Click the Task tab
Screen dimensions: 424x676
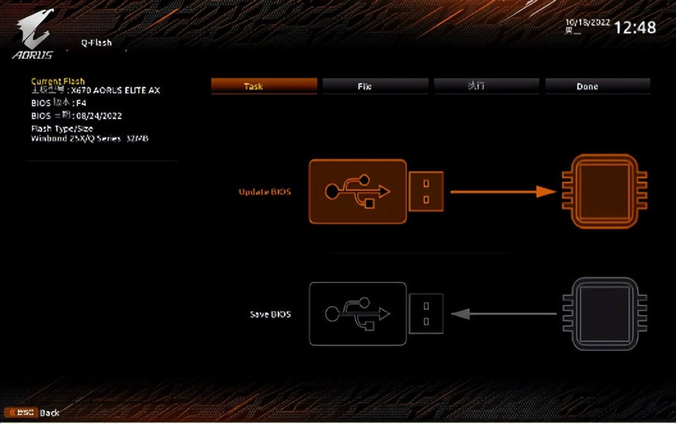[x=264, y=86]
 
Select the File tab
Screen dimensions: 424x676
[x=375, y=86]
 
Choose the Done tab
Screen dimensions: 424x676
[x=597, y=86]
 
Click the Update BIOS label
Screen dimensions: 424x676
[x=264, y=192]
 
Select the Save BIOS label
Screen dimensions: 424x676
[x=270, y=314]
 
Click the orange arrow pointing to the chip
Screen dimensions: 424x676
[x=503, y=191]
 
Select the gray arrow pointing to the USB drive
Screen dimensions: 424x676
[x=503, y=314]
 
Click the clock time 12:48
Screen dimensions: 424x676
[x=634, y=28]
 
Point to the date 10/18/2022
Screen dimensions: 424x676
[x=587, y=22]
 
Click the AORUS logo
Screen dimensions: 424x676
[x=33, y=37]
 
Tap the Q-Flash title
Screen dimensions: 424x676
[x=96, y=43]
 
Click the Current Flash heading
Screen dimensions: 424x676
[x=58, y=81]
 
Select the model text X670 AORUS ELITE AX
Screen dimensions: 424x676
[x=115, y=91]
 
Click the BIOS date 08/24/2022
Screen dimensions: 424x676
[x=99, y=116]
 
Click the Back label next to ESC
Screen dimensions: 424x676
[x=50, y=412]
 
